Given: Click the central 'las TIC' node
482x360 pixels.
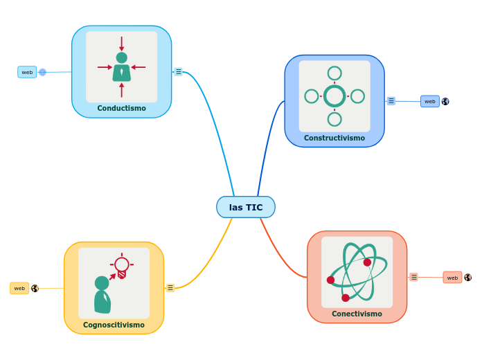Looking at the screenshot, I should click(x=246, y=207).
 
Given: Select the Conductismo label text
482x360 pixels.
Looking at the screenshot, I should click(x=121, y=108).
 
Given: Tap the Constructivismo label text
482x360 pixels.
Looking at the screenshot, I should click(x=334, y=138).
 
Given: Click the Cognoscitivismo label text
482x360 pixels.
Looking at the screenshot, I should click(x=114, y=325).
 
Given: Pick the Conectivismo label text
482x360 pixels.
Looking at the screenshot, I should click(x=357, y=314).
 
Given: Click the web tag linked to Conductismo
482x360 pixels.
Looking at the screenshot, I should click(x=27, y=72).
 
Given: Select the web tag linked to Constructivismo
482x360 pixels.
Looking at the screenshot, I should click(x=429, y=101).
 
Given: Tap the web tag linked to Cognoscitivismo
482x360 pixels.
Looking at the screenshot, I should click(x=19, y=288).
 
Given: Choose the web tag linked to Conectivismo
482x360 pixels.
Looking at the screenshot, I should click(x=452, y=278).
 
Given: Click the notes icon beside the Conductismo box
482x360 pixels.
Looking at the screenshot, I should click(x=178, y=71).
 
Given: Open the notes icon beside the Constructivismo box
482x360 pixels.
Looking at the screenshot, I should click(x=391, y=100).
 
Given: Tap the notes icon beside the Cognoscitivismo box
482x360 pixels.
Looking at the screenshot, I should click(x=170, y=287).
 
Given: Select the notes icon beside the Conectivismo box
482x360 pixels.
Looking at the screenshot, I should click(x=413, y=277).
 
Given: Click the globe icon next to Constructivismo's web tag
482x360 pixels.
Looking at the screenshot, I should click(x=445, y=101).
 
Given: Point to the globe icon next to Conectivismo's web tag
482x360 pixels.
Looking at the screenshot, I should click(x=468, y=278).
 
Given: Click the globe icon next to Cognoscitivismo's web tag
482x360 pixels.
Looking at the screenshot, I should click(x=35, y=288).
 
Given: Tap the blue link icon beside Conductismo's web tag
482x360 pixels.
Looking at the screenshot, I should click(x=42, y=72).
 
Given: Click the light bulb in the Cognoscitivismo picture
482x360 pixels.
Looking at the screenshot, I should click(x=122, y=265).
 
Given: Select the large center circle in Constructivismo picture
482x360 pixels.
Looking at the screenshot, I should click(x=334, y=96).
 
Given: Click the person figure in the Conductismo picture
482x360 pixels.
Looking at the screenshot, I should click(x=121, y=68).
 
